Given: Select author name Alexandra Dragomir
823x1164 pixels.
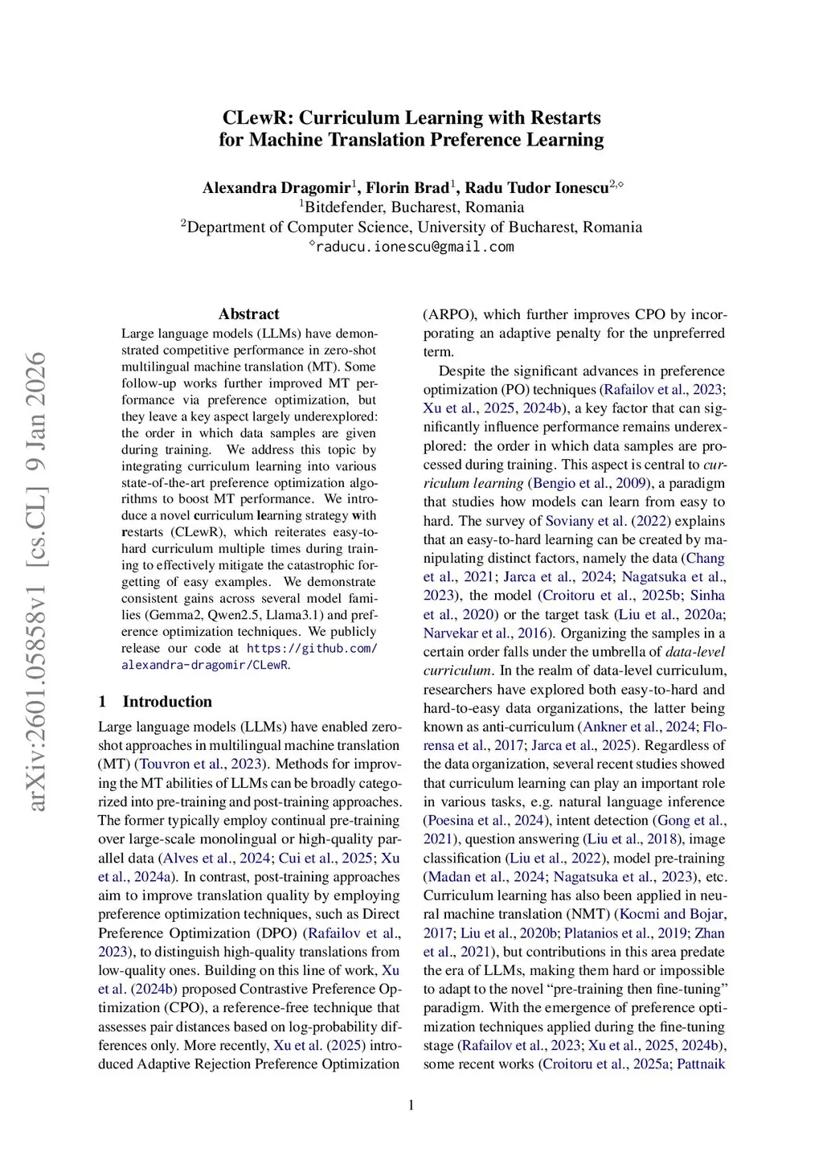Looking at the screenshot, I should (276, 188).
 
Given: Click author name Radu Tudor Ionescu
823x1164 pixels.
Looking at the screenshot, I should (536, 188).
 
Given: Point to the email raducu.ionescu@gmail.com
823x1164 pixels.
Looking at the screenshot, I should (414, 247).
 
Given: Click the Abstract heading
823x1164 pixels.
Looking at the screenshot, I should (249, 314).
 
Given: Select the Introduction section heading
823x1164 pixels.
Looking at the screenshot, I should (167, 702).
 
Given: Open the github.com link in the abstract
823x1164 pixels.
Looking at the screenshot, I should (311, 648).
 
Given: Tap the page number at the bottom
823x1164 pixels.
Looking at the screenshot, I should (411, 1105).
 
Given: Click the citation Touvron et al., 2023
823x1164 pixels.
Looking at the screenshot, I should (200, 764).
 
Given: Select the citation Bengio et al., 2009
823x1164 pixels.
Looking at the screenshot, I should (588, 483).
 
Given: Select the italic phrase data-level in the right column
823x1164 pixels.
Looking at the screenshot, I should (694, 652).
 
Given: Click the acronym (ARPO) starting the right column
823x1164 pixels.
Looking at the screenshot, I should (450, 314).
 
